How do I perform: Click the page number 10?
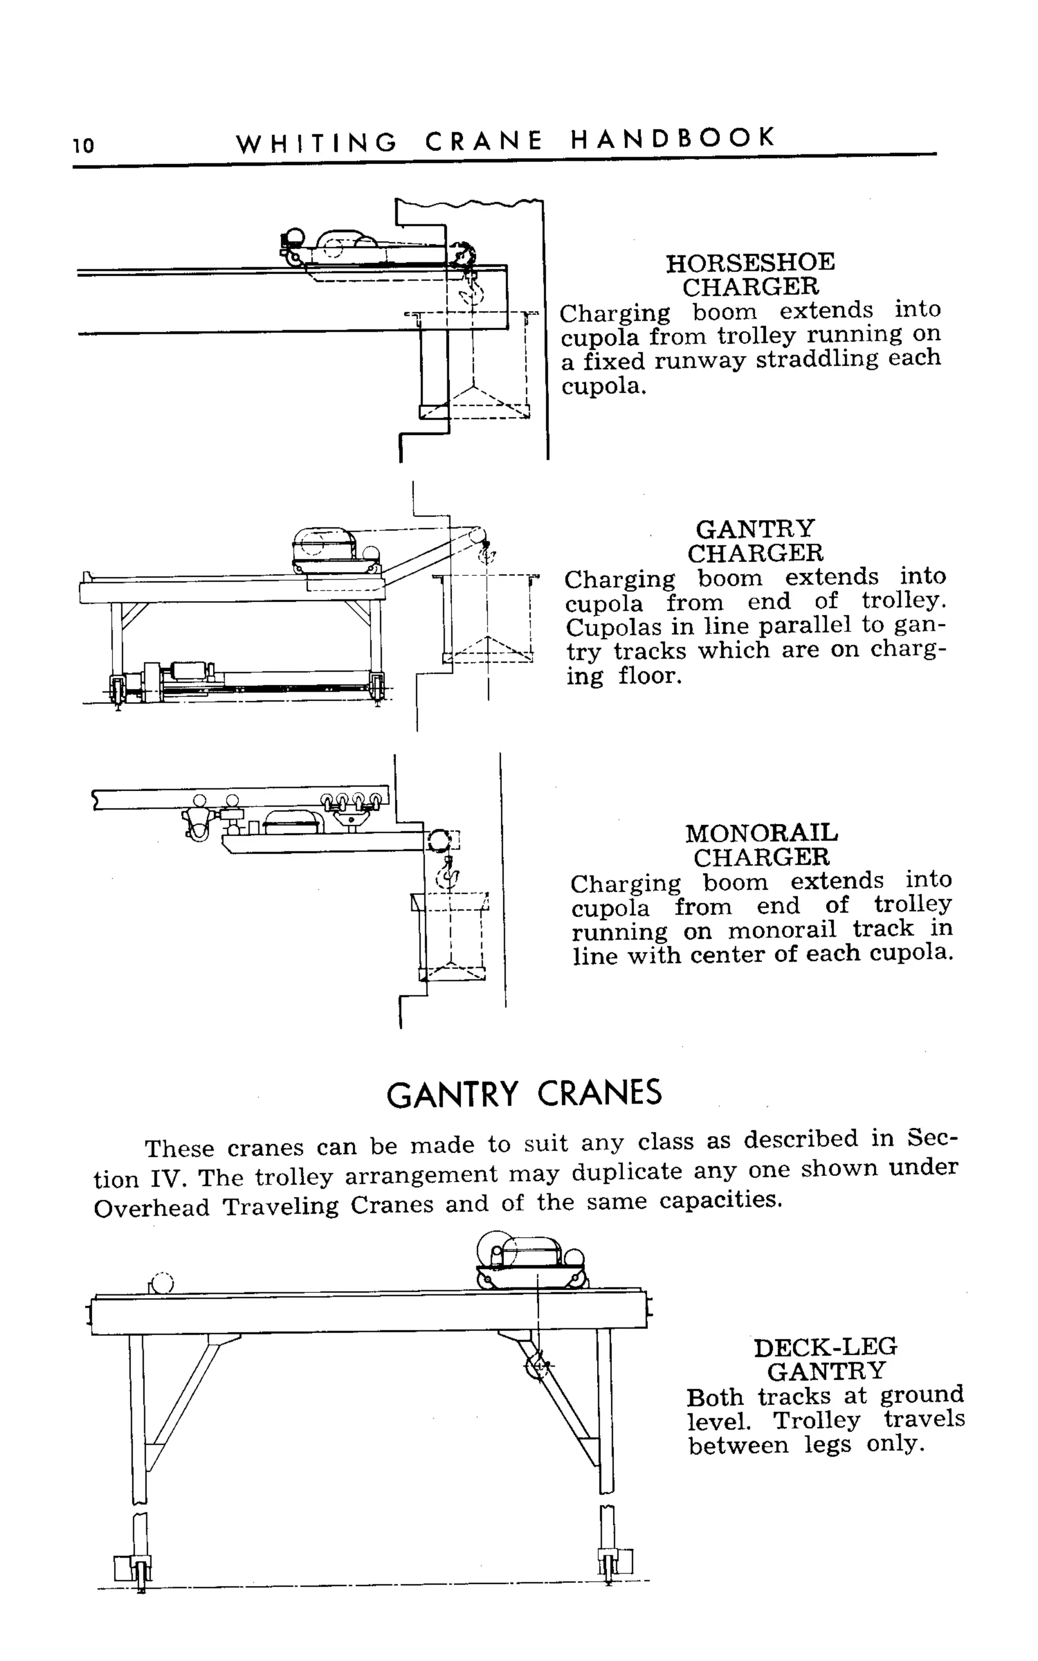click(x=83, y=145)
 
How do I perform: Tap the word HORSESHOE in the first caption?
click(x=750, y=262)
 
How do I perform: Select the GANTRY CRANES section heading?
click(x=524, y=1094)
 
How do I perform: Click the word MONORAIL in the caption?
click(x=761, y=833)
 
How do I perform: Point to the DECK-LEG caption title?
click(x=825, y=1347)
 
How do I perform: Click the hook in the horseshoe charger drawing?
click(x=472, y=292)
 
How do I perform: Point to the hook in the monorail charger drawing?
click(x=448, y=876)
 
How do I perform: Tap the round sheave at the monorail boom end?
click(x=437, y=840)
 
